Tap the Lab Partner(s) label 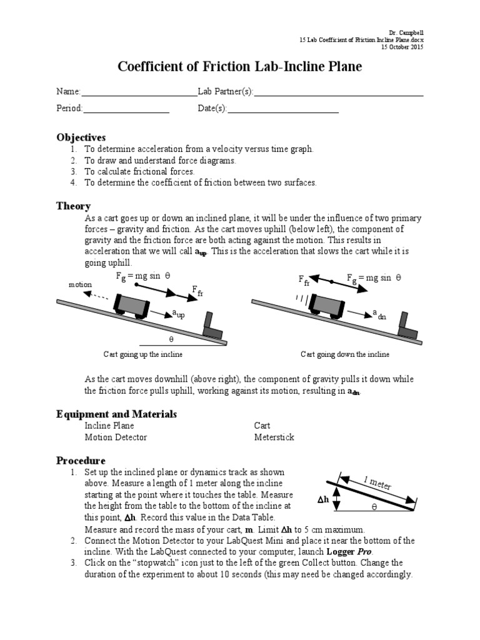point(225,91)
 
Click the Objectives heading point(81,137)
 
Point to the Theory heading point(73,206)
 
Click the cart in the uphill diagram point(131,304)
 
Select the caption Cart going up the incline point(142,354)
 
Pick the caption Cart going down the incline point(344,354)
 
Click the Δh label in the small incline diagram point(322,501)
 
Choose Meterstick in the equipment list point(274,437)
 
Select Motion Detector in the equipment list point(116,437)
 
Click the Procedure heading point(81,461)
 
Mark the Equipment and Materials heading point(116,414)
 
